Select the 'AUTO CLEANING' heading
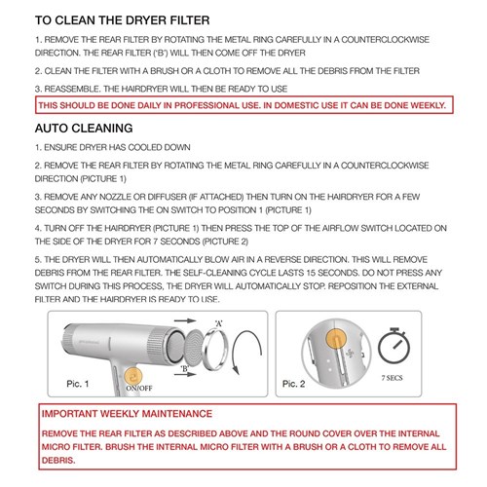coord(94,128)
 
